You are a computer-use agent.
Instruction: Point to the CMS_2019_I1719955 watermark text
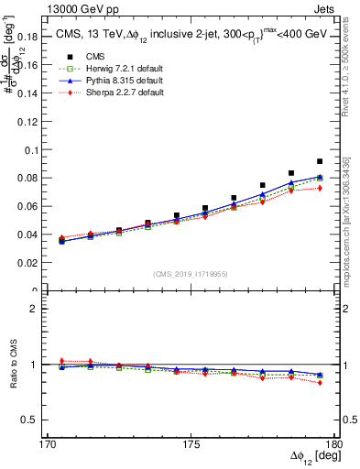[191, 273]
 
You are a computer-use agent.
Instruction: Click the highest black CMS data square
[320, 161]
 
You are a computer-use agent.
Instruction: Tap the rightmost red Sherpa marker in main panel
[320, 188]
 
